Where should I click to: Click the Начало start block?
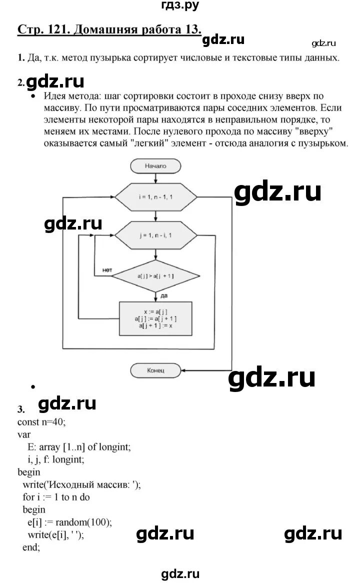click(155, 166)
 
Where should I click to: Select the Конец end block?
click(156, 370)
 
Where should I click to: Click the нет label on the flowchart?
click(106, 270)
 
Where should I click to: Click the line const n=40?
click(41, 421)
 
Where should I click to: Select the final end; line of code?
click(31, 547)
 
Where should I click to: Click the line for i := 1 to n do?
click(56, 497)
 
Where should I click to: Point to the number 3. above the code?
click(20, 409)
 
